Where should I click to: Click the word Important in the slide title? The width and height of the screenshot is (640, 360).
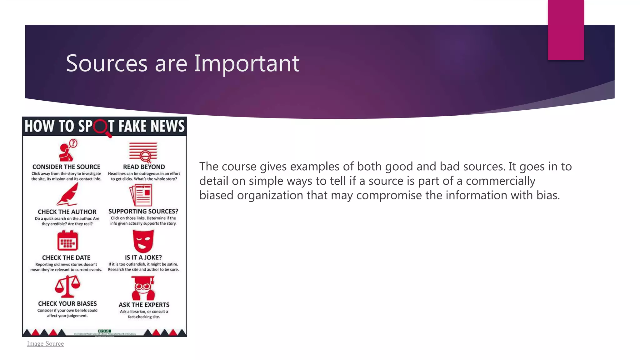tap(247, 63)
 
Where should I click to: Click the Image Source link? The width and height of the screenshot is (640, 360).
tap(45, 343)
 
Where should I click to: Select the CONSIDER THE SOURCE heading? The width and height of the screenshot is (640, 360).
tap(66, 167)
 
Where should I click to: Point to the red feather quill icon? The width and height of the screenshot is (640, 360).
tap(68, 194)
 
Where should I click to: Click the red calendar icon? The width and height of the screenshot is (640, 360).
tap(67, 241)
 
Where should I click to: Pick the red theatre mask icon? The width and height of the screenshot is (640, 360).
tap(143, 241)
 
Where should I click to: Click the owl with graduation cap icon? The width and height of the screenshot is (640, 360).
tap(143, 288)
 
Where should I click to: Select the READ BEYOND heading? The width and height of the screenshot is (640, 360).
tap(144, 167)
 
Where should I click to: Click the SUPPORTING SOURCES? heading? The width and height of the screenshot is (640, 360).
tap(143, 211)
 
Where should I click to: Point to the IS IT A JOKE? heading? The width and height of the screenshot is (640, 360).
tap(143, 257)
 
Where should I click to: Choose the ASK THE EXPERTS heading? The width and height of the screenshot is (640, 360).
tap(144, 304)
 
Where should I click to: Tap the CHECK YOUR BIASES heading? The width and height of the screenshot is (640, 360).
tap(67, 303)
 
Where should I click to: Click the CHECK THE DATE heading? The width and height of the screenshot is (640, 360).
tap(66, 257)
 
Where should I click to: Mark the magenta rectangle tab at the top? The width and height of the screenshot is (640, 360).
tap(566, 30)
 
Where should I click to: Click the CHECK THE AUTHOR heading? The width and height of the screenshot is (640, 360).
tap(67, 212)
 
